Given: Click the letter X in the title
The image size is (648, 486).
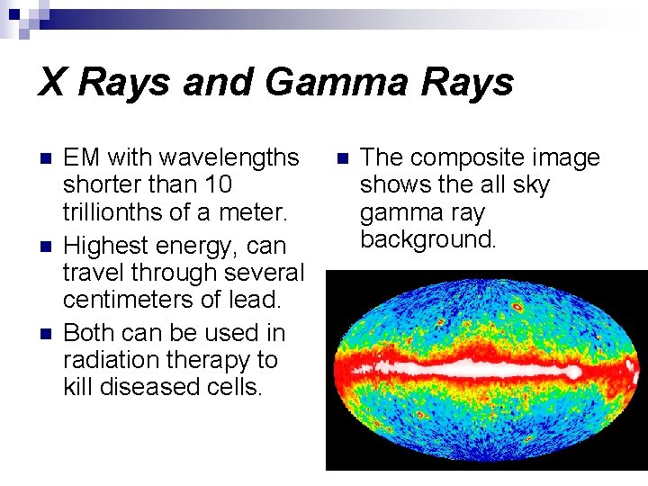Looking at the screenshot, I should coord(52,83).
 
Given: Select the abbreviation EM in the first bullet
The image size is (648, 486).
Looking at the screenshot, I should coord(81,157).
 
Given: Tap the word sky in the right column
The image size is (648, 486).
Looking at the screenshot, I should coord(531,184).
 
